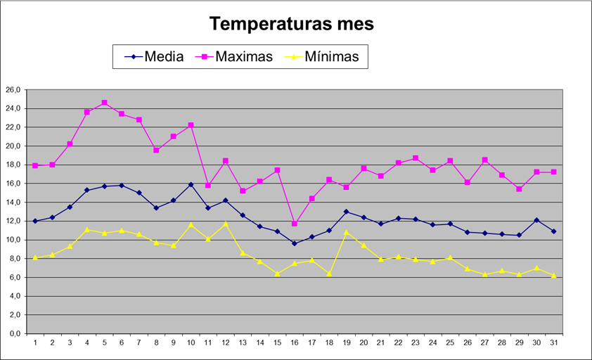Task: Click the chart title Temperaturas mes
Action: (x=292, y=24)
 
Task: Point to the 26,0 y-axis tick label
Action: (x=15, y=90)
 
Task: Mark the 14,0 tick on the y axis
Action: (x=15, y=202)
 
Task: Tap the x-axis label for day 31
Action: (x=553, y=343)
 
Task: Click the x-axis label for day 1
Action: (x=35, y=343)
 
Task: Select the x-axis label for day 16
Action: (x=295, y=343)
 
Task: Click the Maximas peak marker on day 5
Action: (x=104, y=103)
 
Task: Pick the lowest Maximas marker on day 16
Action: (x=295, y=224)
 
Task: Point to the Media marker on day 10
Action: (x=191, y=184)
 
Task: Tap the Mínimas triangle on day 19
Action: (x=346, y=232)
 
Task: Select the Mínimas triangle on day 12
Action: (x=225, y=224)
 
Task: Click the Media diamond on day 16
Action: (x=295, y=243)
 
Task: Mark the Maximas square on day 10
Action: (x=191, y=125)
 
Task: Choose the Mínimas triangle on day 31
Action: (x=553, y=276)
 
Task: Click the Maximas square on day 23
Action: (x=415, y=158)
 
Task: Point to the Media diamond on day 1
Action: (x=35, y=221)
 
